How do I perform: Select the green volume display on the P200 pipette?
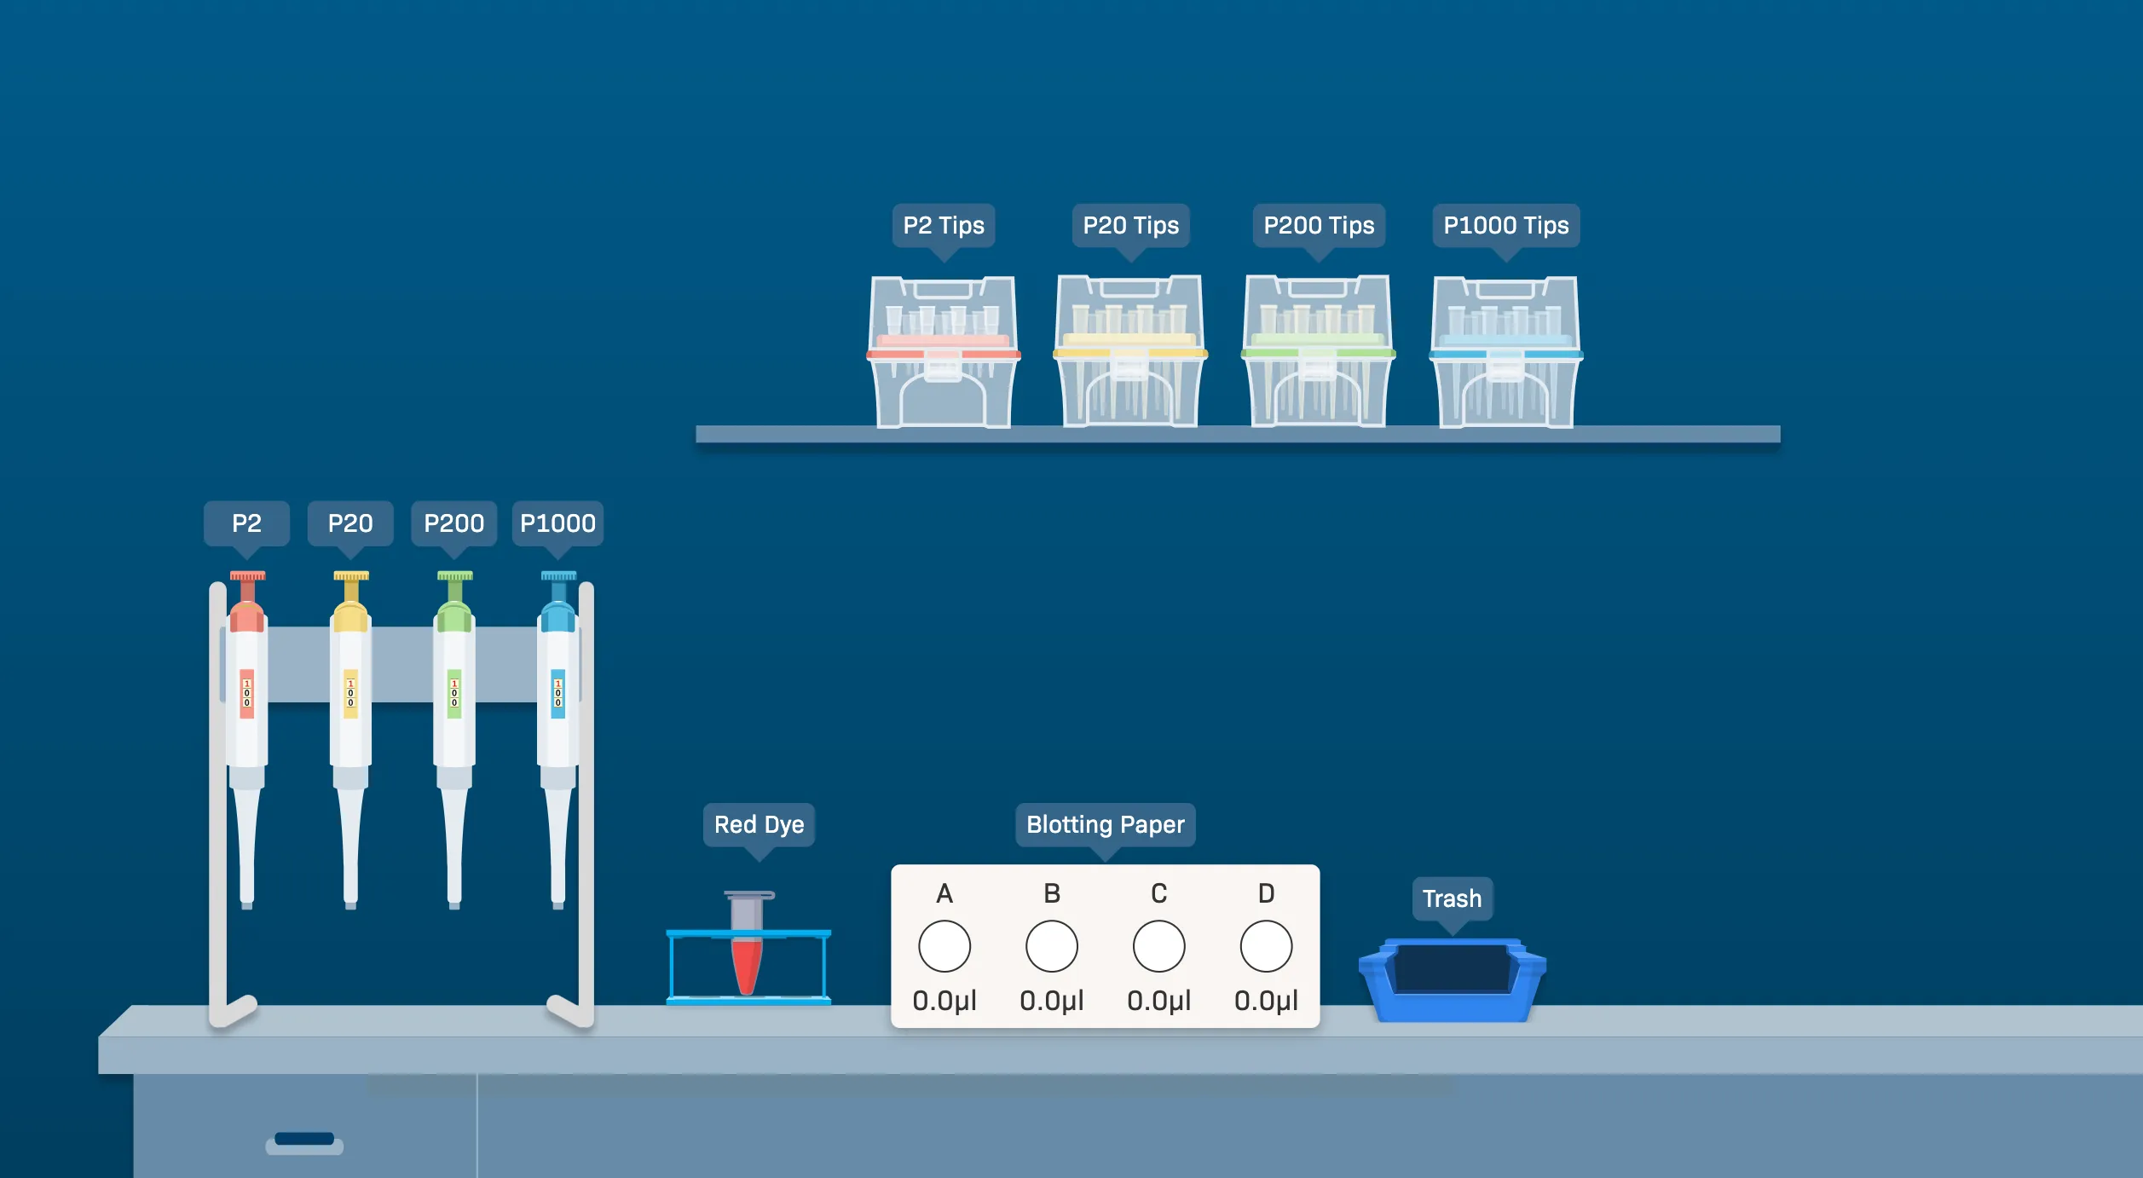tap(454, 693)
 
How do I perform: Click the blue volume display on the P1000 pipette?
tap(558, 693)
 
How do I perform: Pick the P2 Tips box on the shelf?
tap(943, 351)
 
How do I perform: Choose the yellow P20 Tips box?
tap(1130, 351)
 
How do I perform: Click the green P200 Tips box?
tap(1318, 351)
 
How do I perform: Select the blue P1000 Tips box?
tap(1506, 351)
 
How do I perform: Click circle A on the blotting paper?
tap(944, 946)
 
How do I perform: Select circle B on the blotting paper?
tap(1052, 946)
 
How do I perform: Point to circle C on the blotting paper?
tap(1159, 946)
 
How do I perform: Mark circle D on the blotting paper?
tap(1267, 946)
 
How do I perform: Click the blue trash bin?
tap(1453, 980)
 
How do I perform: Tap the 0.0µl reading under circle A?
tap(944, 1001)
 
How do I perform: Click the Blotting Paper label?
tap(1106, 824)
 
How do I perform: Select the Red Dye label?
tap(759, 824)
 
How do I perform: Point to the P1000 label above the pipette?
tap(557, 523)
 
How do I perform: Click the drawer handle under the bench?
tap(304, 1143)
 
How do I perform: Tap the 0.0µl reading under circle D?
tap(1267, 1001)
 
